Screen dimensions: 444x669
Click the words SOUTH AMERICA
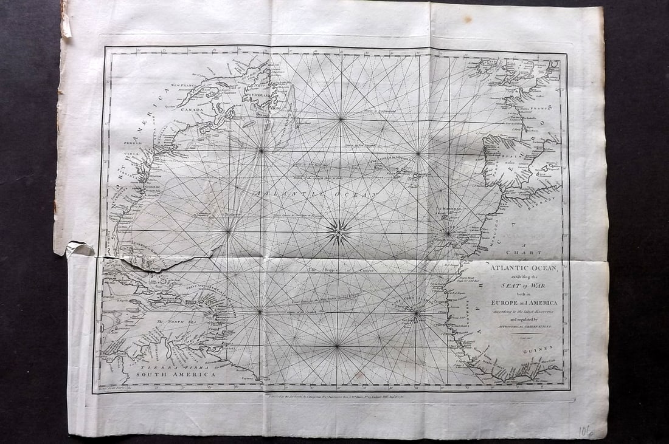coord(175,375)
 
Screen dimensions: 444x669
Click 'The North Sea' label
coord(172,323)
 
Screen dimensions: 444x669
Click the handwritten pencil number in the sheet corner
coord(585,431)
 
